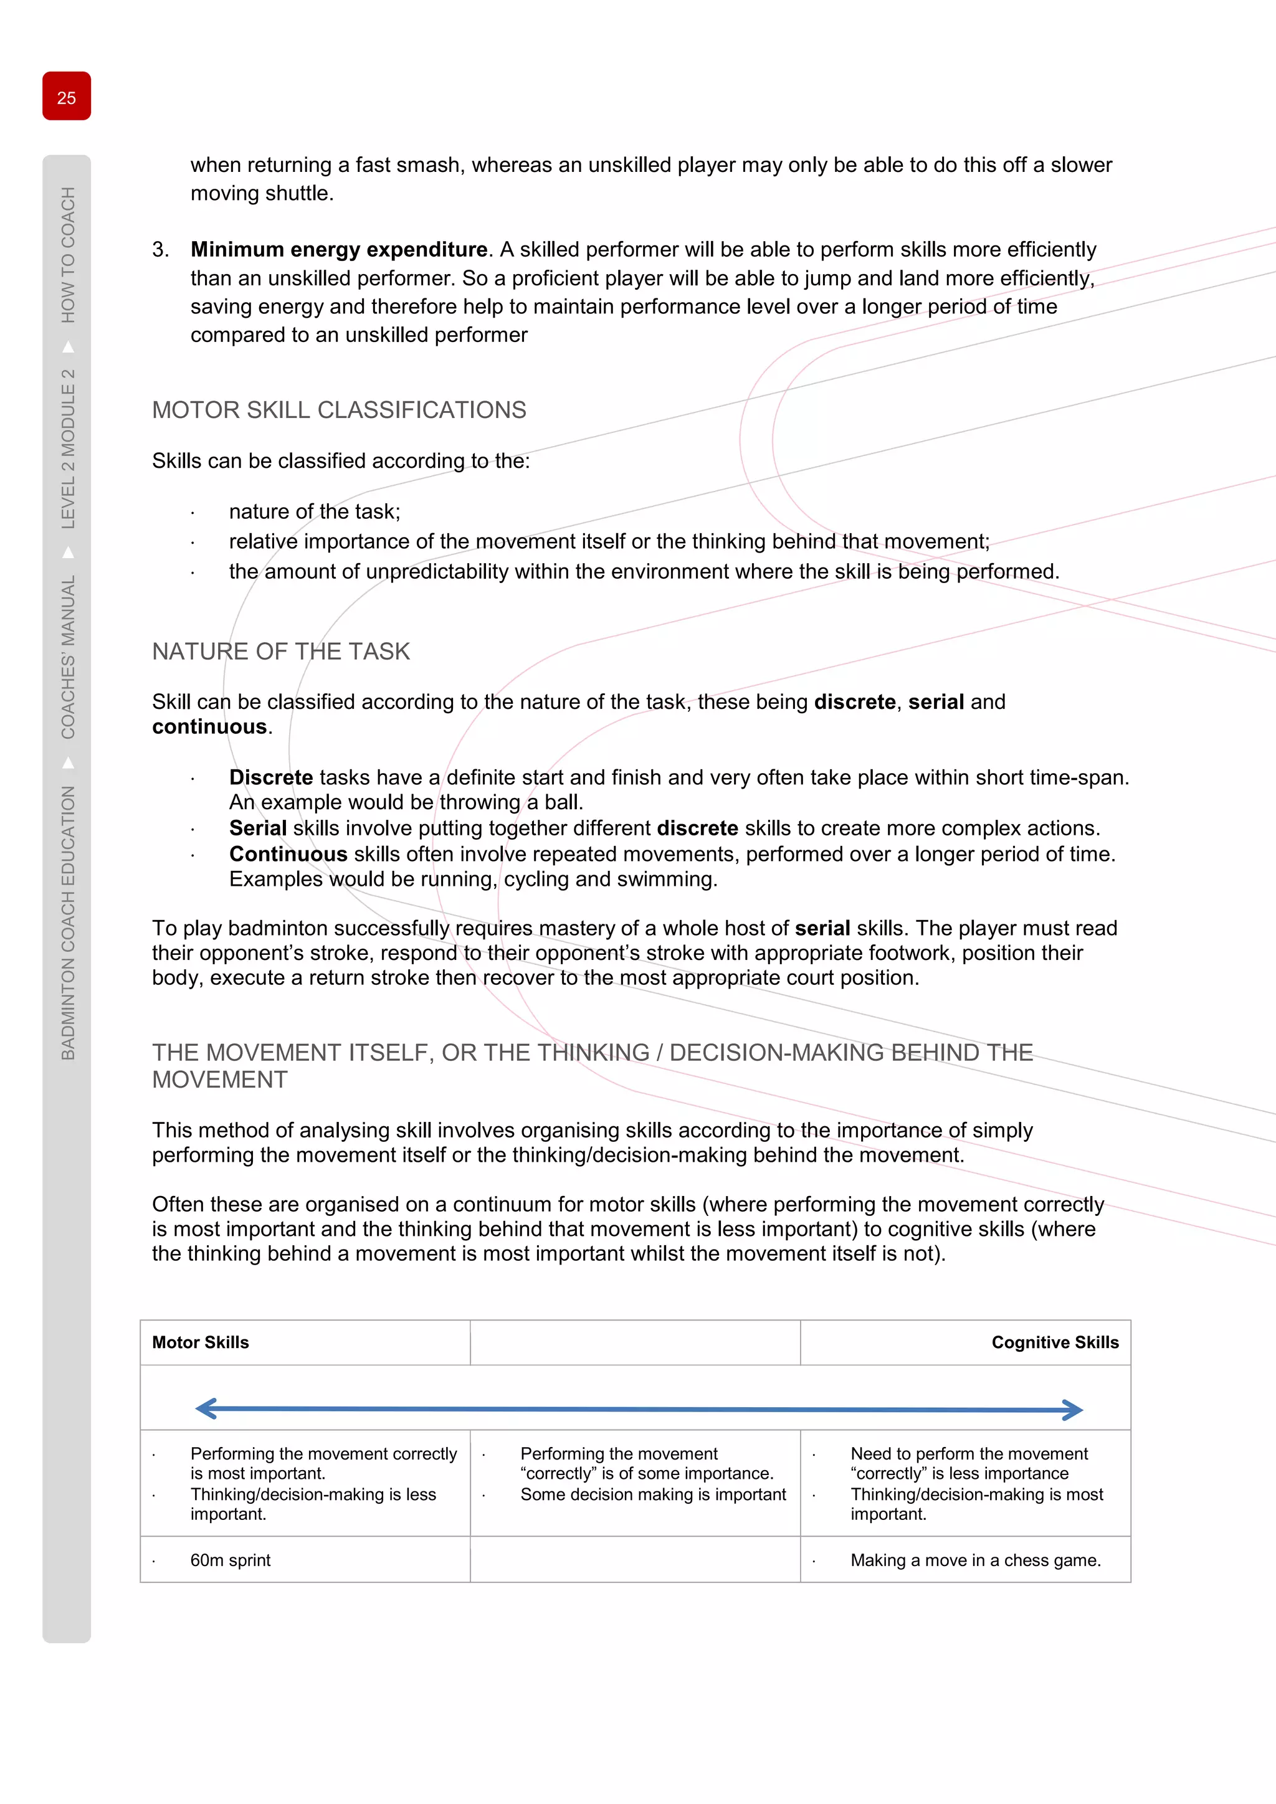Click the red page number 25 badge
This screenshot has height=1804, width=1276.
(x=67, y=97)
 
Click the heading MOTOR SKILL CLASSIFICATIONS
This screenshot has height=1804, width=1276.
(x=339, y=410)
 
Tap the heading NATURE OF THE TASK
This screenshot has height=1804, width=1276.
(x=280, y=652)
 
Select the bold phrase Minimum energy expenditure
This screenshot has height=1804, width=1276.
(x=339, y=250)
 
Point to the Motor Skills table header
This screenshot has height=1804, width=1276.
(x=201, y=1343)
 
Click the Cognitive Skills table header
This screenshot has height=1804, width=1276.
(x=1054, y=1343)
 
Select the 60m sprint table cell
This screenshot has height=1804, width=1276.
(x=230, y=1560)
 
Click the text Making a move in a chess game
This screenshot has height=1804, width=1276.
(x=975, y=1560)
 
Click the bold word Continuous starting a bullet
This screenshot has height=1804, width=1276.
(x=288, y=854)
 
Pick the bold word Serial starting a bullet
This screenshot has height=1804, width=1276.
(x=258, y=828)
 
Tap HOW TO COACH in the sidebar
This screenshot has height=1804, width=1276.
(x=69, y=255)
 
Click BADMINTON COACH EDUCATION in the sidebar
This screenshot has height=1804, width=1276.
(x=69, y=923)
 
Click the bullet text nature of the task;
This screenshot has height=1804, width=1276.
(x=314, y=511)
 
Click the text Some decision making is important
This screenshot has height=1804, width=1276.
(x=653, y=1494)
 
